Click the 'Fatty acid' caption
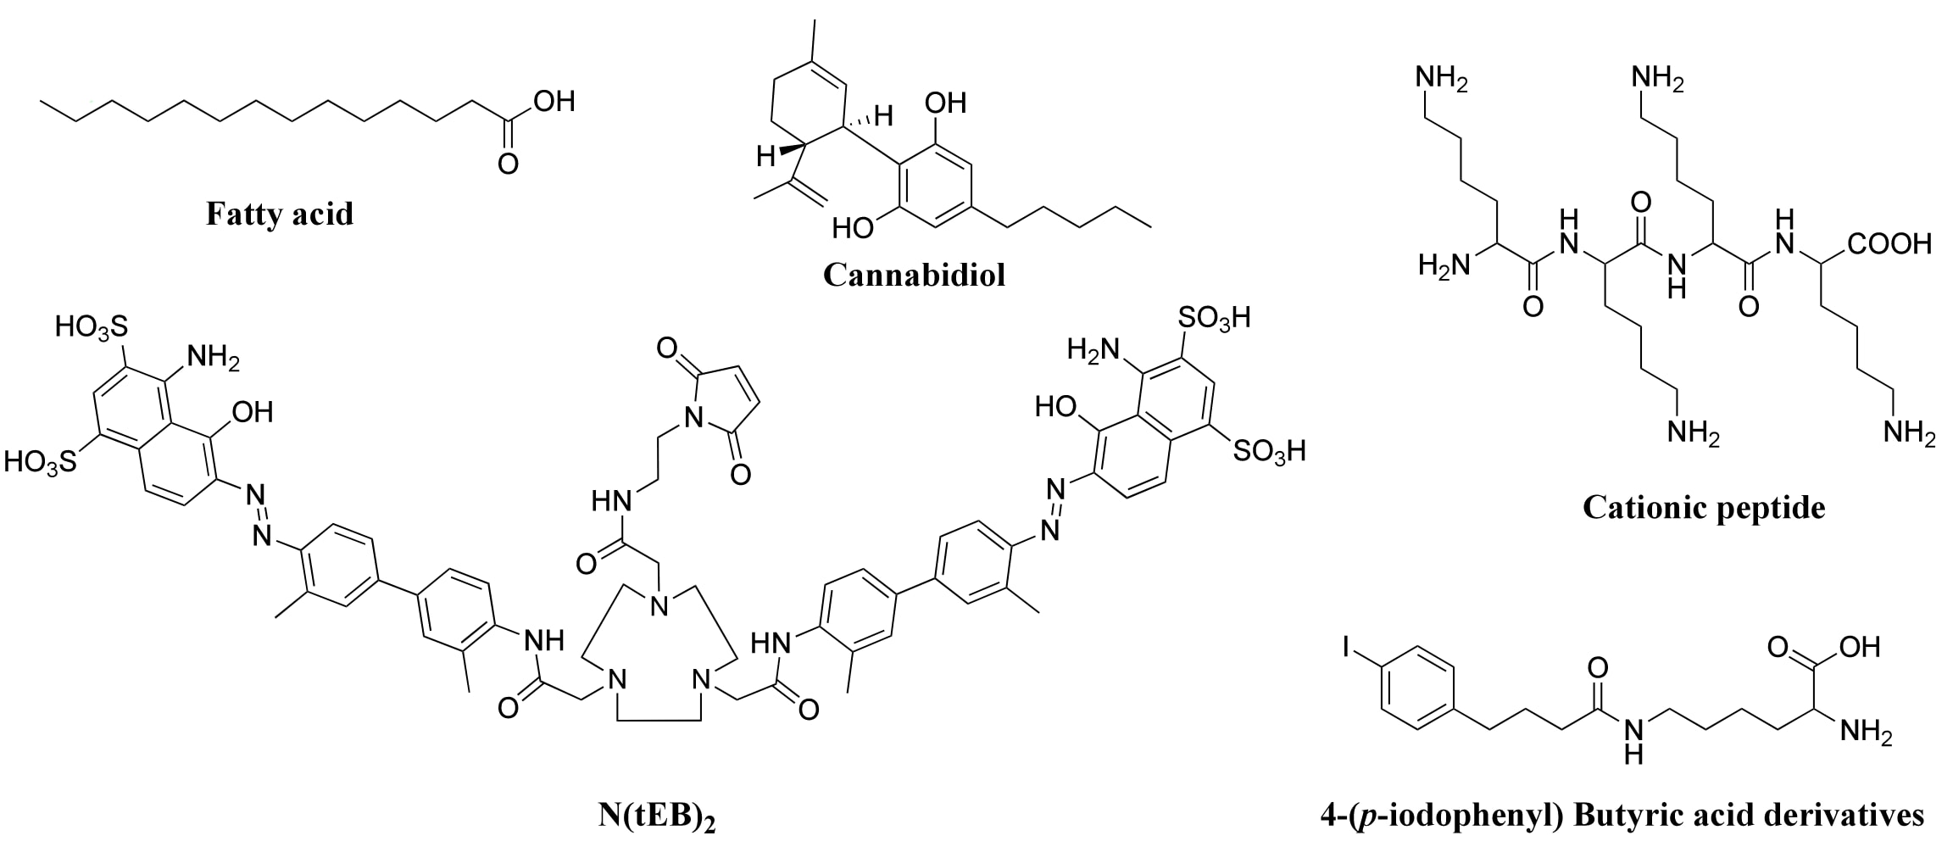279,214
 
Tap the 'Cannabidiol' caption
914,275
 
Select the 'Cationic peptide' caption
1704,508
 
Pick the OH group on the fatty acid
554,102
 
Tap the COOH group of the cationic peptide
1889,244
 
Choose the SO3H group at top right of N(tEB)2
1215,319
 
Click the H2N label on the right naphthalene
1093,349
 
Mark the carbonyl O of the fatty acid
508,163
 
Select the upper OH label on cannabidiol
945,103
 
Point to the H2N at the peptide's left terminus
1444,266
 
